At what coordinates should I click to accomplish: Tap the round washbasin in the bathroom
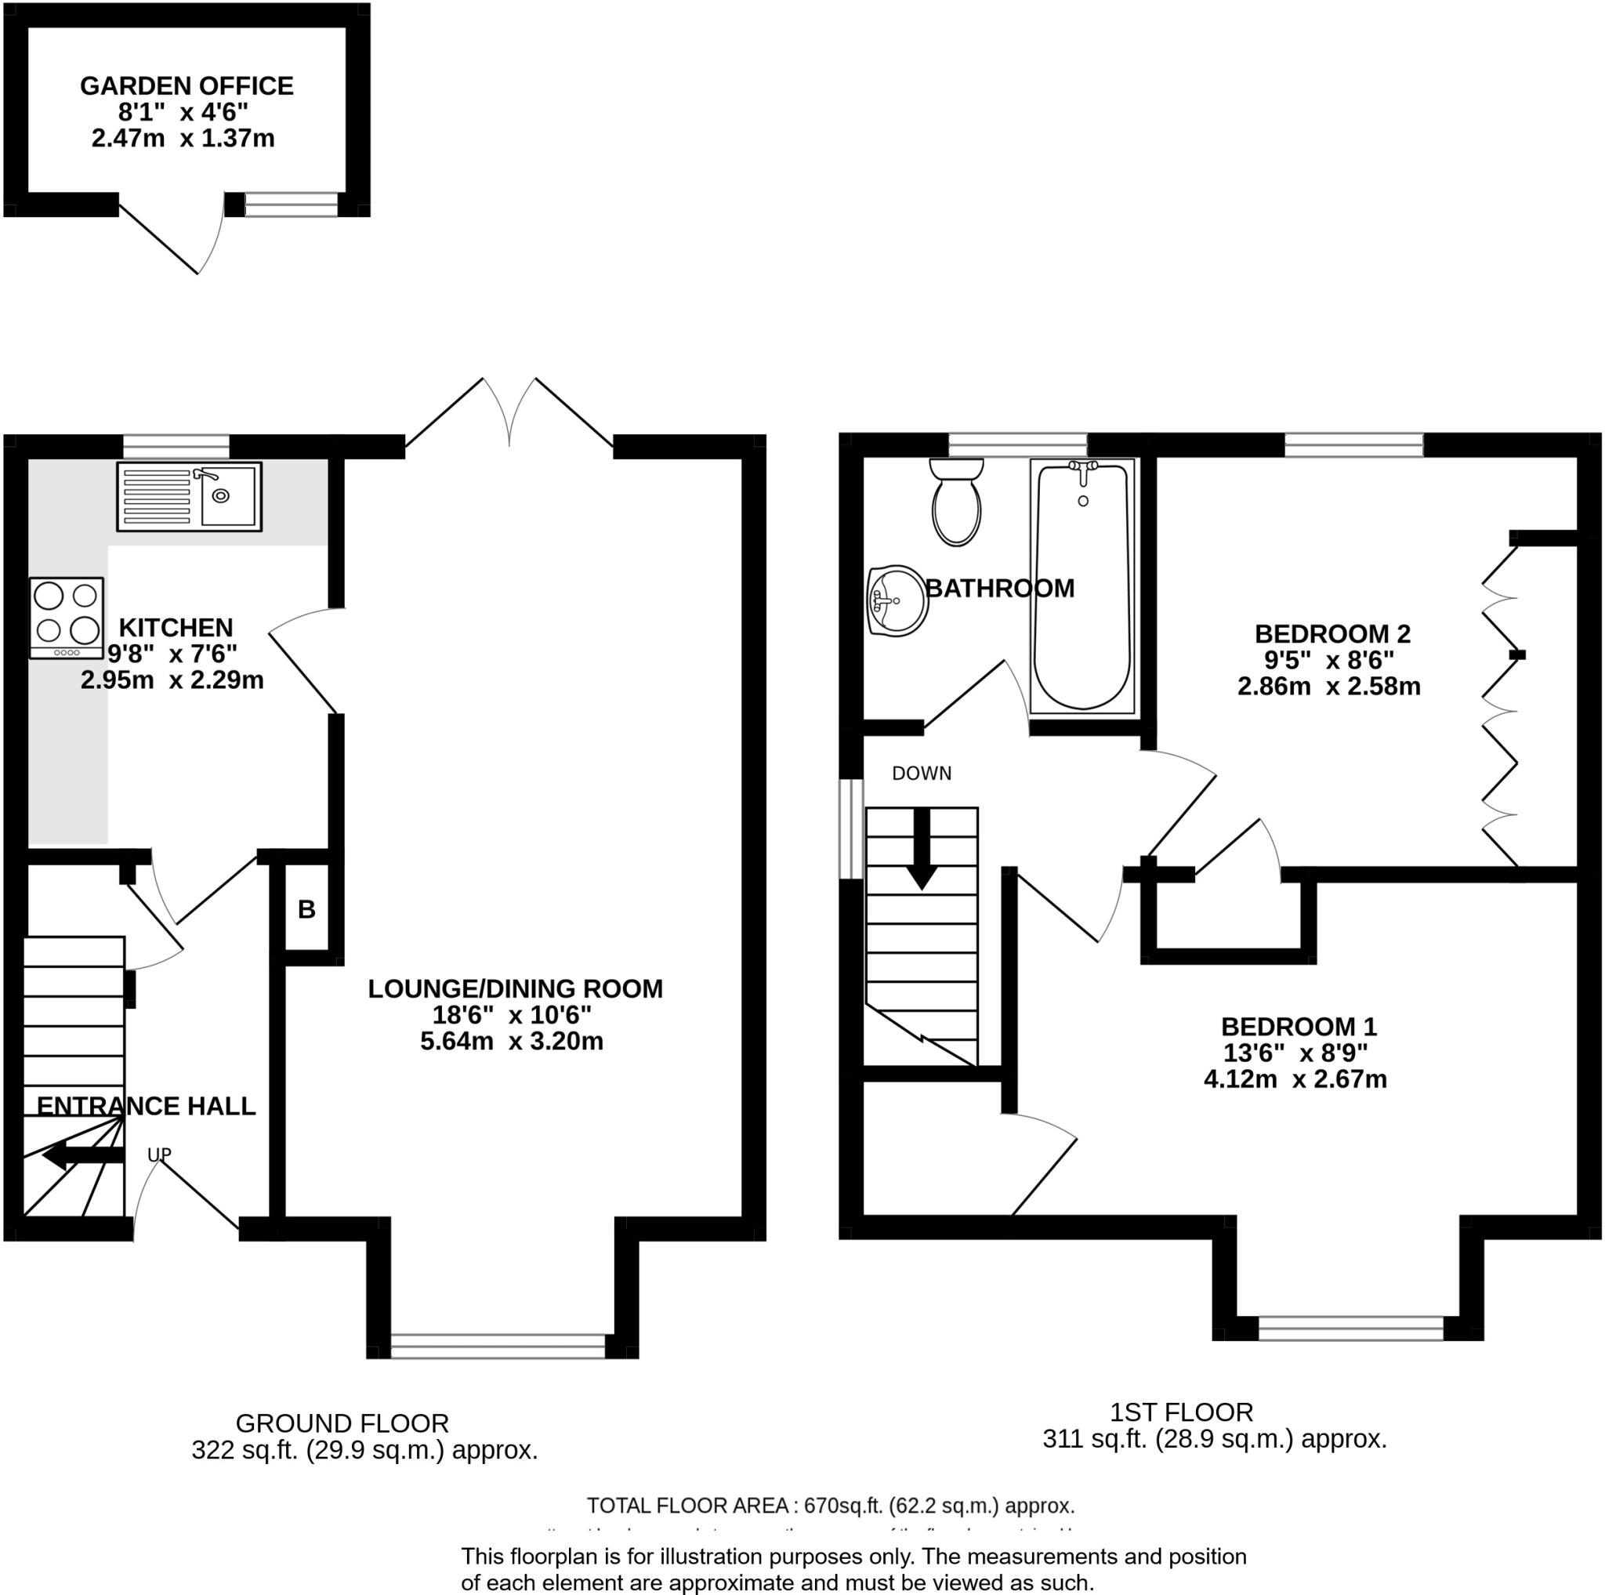tap(897, 600)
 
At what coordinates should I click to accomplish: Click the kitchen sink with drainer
tap(189, 497)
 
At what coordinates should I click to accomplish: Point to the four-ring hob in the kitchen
tap(67, 618)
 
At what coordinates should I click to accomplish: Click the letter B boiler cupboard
tap(306, 910)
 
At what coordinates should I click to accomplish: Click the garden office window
tap(292, 205)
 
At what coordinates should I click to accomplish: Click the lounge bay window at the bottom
tap(498, 1346)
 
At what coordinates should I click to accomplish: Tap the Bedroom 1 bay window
tap(1351, 1328)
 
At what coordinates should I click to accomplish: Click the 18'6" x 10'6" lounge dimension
tap(511, 1014)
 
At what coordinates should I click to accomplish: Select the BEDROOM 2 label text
tap(1331, 634)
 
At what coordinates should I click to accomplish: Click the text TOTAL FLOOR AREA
tap(687, 1506)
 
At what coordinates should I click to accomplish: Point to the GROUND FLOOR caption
tap(342, 1423)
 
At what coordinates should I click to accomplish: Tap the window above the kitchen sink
tap(176, 446)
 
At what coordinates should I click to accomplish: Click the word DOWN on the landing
tap(922, 773)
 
